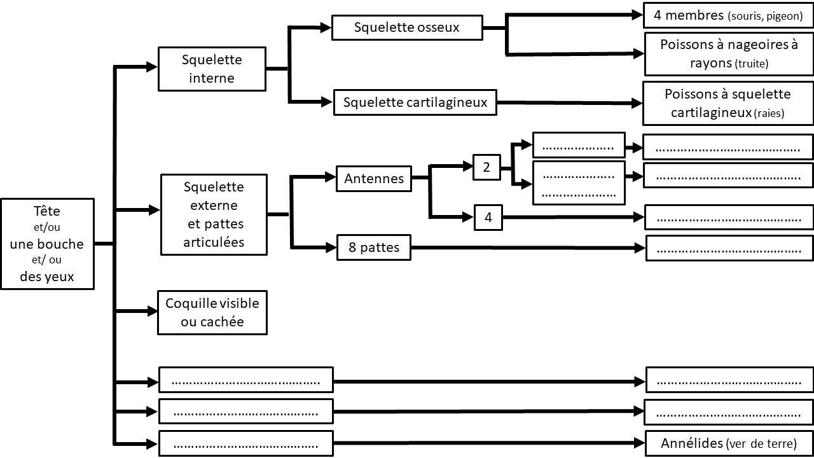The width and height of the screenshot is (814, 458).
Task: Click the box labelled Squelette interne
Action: (212, 69)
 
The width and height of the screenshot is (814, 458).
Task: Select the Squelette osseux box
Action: (407, 28)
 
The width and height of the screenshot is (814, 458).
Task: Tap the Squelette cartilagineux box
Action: (415, 102)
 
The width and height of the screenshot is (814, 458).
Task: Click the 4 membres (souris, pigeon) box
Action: (728, 15)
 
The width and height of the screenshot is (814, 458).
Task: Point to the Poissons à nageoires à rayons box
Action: (728, 54)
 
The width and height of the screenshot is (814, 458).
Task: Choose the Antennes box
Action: (374, 179)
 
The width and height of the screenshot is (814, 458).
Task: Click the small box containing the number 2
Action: (486, 168)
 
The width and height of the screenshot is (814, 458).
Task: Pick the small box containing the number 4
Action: (488, 218)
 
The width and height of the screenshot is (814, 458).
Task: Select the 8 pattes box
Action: (374, 247)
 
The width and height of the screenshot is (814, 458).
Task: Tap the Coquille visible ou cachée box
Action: (212, 312)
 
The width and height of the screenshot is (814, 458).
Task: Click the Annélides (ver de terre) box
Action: (728, 443)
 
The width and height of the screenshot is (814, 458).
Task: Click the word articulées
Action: (214, 242)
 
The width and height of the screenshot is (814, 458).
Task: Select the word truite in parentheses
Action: (752, 64)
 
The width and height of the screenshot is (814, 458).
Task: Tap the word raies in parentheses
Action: (769, 114)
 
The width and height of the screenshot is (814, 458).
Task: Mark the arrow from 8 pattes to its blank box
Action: (528, 247)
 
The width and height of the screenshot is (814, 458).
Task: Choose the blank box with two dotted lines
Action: (579, 183)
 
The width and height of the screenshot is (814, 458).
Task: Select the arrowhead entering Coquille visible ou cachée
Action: (153, 312)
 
